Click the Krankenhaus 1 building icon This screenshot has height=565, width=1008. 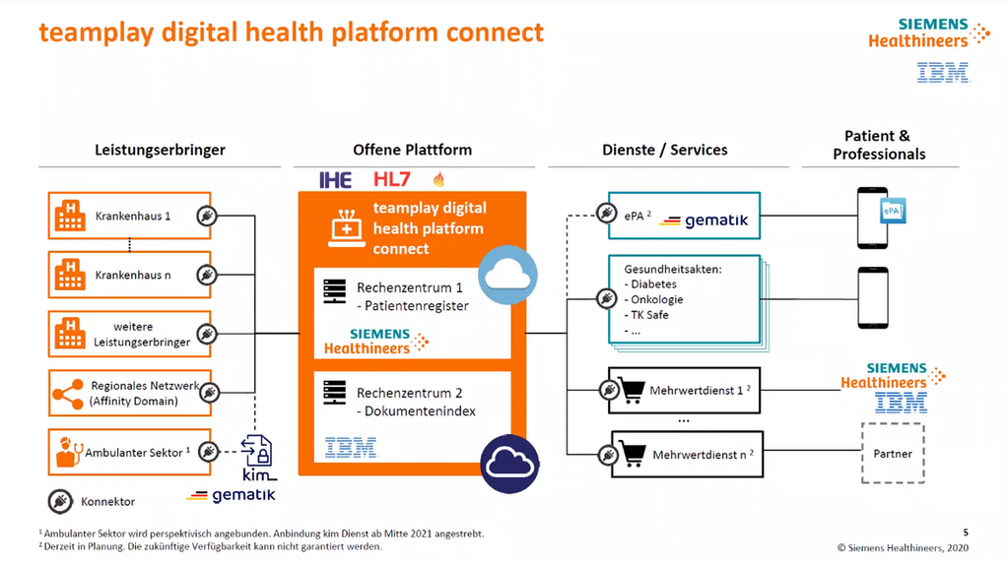click(x=70, y=216)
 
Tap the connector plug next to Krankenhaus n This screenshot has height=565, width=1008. click(x=207, y=275)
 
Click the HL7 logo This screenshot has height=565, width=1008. click(x=392, y=179)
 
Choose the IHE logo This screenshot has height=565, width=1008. click(x=336, y=179)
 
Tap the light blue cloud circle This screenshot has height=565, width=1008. click(x=507, y=275)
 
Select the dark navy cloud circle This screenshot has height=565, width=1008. click(x=509, y=461)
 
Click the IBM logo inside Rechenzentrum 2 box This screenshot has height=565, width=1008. click(x=352, y=448)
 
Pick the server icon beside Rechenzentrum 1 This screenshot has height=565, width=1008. click(x=335, y=291)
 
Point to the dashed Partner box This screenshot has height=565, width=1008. click(x=893, y=454)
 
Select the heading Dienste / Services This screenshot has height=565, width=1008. click(x=664, y=150)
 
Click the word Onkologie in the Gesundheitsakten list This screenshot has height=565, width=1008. click(x=655, y=299)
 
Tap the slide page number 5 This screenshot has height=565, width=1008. click(x=966, y=532)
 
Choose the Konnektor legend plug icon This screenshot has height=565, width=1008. click(x=60, y=500)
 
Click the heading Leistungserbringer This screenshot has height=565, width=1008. click(x=160, y=150)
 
